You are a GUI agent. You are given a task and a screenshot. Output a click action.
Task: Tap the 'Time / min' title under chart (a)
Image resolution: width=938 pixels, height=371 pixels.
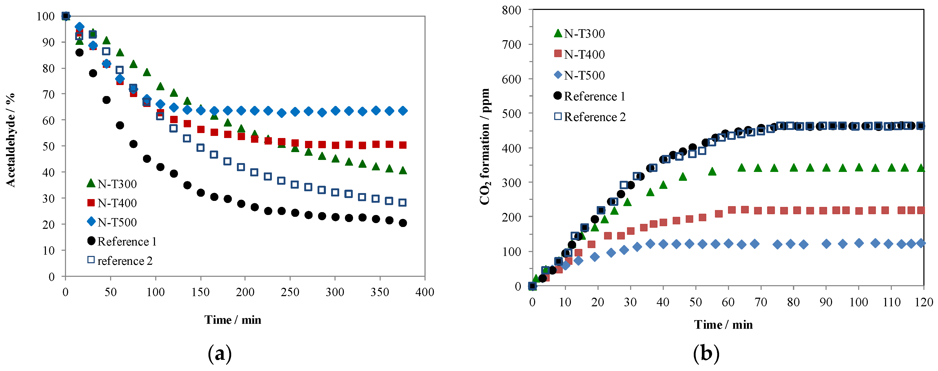233,320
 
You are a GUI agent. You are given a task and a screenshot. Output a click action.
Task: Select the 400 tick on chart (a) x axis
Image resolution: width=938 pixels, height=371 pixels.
425,292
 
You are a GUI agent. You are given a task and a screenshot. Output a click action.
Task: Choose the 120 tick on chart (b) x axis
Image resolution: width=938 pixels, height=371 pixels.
923,302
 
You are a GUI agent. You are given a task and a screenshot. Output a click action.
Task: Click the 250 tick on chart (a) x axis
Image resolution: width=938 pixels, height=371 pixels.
290,292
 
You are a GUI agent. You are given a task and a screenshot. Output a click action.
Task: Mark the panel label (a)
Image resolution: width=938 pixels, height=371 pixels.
220,353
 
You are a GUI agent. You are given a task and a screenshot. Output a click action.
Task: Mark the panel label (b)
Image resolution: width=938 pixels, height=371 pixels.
706,353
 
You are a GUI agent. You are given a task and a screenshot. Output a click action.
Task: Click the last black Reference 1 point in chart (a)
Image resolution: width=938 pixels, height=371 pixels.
402,223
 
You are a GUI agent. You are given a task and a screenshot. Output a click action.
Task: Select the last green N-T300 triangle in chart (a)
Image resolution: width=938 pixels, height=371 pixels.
402,170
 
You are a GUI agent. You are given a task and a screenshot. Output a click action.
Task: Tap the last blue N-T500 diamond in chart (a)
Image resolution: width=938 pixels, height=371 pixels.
402,111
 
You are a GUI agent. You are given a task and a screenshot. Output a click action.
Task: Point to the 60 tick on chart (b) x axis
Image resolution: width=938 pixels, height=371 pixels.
728,302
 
